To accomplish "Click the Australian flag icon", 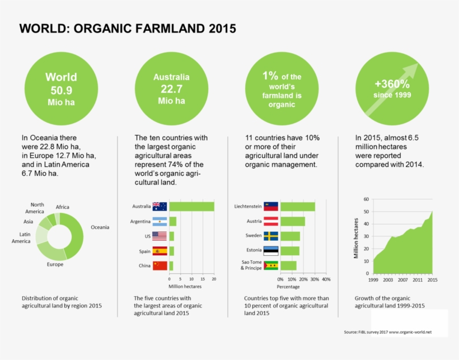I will click(x=160, y=207).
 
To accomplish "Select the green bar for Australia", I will click(x=191, y=207).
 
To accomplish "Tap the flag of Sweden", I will click(x=271, y=236).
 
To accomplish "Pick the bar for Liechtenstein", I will click(x=297, y=207).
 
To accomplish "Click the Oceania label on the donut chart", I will click(x=100, y=227).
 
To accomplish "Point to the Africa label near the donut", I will click(x=63, y=207).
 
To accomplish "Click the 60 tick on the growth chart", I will click(x=366, y=199).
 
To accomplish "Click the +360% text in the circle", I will click(x=392, y=85).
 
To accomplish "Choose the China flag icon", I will click(x=160, y=265).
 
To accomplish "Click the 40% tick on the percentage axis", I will click(x=326, y=279).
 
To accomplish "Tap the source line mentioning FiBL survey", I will click(x=387, y=332).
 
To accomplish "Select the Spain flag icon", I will click(x=160, y=251).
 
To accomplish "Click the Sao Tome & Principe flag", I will click(x=271, y=265).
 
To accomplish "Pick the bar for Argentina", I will click(x=172, y=221).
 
